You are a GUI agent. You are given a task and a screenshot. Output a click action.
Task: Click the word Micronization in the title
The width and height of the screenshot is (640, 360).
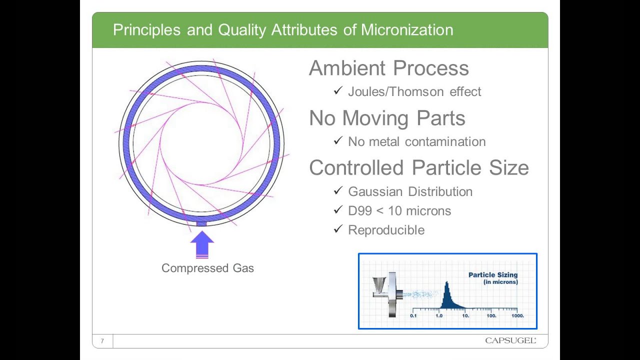coord(407,30)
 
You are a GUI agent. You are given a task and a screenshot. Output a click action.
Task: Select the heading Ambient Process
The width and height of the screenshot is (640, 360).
coord(388,68)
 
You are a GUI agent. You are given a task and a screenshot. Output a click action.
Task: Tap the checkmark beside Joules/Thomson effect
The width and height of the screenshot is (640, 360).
coord(338,91)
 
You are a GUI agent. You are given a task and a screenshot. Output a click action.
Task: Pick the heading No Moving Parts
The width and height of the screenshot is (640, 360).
coord(387,118)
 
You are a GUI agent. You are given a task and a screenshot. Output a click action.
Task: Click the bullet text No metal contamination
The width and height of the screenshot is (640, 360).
coord(416,142)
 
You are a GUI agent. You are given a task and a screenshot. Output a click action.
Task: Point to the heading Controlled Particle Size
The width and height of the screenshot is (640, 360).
coord(418,167)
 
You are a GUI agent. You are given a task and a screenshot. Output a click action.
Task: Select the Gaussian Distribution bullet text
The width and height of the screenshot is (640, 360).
coord(410,192)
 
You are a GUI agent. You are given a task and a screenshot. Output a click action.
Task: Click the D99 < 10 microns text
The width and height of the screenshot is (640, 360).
coord(399,211)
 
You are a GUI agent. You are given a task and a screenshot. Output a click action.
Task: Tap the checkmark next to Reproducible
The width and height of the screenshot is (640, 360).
coord(338,229)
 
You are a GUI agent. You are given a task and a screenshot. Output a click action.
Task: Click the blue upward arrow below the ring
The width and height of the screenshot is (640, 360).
coord(202,244)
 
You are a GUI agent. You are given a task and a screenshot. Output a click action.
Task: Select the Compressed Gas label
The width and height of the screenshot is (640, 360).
coord(207,268)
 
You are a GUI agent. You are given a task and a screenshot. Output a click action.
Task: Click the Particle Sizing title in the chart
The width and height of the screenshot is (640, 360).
coord(492,275)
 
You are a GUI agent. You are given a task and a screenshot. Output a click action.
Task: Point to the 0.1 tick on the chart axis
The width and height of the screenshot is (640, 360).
coord(413,315)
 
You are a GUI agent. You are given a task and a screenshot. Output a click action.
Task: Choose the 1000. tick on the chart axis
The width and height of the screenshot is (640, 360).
coord(517,315)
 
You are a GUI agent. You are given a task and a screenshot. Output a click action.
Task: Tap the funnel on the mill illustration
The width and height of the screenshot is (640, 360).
coord(379,285)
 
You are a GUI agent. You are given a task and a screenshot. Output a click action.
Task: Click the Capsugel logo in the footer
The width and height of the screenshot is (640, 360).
coord(510,341)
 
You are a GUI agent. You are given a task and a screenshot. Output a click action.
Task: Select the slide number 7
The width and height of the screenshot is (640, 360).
coord(102,341)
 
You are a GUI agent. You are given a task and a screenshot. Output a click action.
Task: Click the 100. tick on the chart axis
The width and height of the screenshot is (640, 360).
coord(491,315)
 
